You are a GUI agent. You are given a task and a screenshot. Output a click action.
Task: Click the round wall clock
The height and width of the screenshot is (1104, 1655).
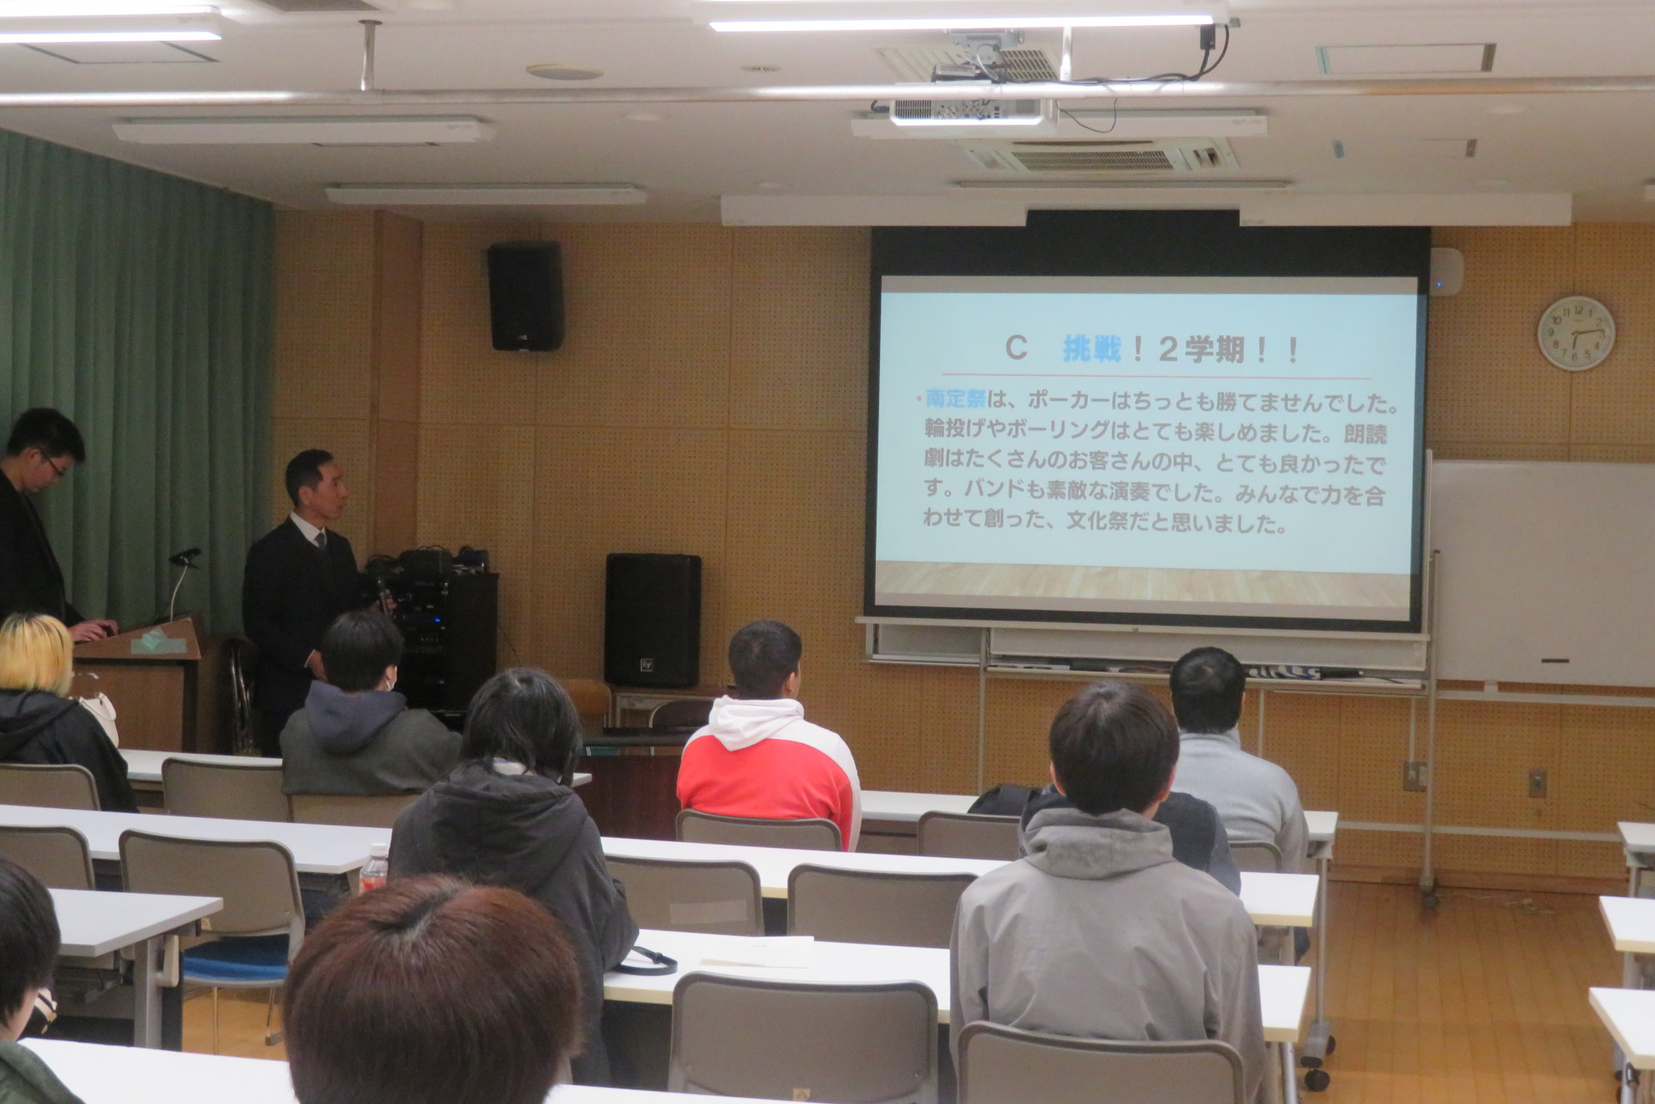click(1576, 333)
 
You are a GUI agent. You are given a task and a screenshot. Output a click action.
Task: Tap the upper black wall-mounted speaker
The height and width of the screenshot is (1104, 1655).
click(525, 296)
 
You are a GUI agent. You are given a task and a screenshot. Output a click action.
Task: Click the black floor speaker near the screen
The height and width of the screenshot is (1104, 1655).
click(653, 620)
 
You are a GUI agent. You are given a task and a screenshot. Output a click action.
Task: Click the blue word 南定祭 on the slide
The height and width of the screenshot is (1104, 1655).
click(955, 400)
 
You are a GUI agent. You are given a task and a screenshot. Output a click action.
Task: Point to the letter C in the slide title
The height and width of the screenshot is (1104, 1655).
click(1017, 348)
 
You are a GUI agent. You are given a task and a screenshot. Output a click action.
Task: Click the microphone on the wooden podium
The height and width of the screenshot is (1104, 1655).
click(184, 557)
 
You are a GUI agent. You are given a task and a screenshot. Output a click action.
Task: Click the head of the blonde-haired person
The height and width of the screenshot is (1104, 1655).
click(35, 652)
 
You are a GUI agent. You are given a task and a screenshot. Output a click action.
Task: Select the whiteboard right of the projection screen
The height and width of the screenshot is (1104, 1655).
click(1543, 572)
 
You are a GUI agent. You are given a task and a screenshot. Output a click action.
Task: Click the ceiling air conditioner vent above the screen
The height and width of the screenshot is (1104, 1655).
click(1099, 158)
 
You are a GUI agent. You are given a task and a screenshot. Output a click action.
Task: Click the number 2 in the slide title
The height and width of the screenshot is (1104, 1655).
click(1168, 349)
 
